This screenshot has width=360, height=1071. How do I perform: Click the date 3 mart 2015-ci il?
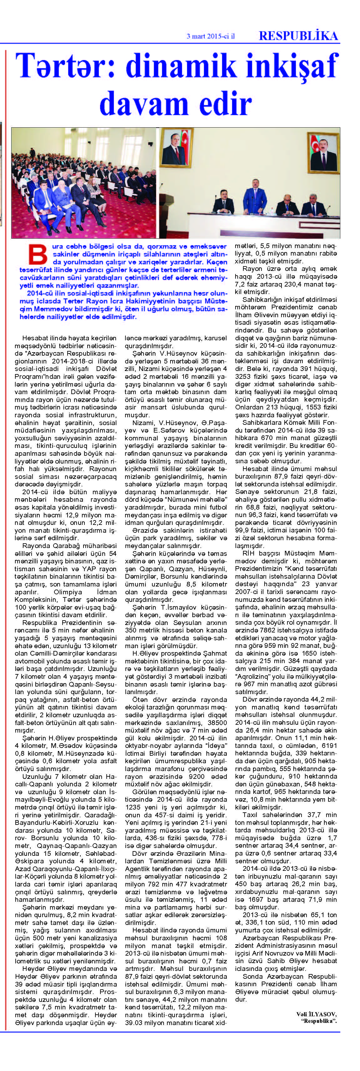[210, 36]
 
